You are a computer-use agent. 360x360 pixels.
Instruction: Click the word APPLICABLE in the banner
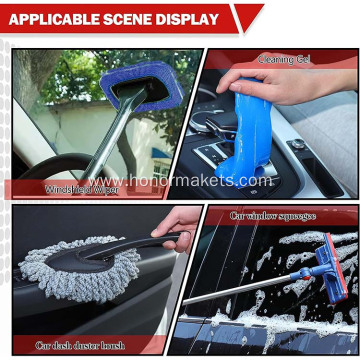point(49,19)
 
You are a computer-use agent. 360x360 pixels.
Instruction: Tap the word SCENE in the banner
point(120,19)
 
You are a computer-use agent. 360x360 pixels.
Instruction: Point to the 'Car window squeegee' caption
point(273,215)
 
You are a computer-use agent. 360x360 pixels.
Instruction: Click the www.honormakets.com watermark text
point(180,181)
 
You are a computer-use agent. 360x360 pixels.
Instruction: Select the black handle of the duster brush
point(150,242)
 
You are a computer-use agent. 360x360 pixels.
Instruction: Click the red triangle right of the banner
point(245,17)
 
